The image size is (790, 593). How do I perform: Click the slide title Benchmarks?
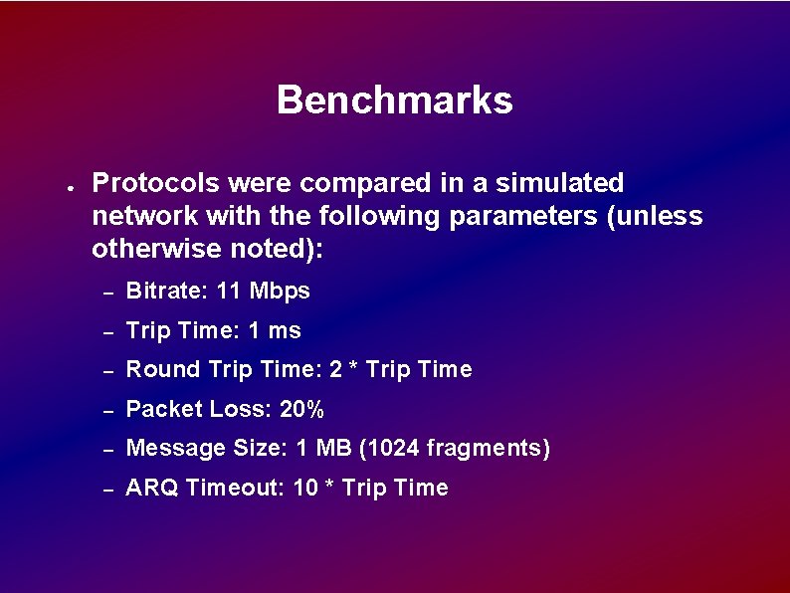tap(394, 100)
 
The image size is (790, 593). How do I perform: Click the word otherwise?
tap(154, 249)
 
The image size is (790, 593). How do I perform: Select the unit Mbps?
tap(280, 292)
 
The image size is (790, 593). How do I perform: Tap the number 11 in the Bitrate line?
tap(229, 292)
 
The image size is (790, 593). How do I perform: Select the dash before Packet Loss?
tap(109, 410)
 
